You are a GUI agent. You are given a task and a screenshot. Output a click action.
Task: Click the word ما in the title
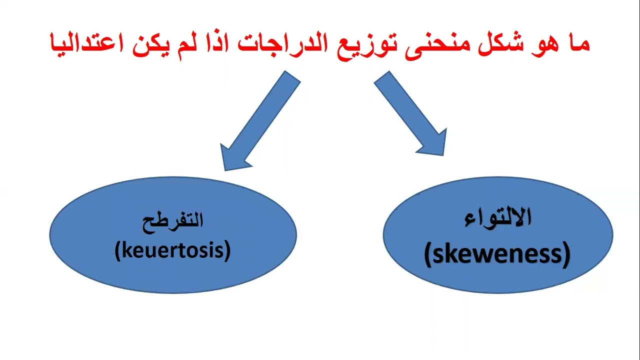point(575,42)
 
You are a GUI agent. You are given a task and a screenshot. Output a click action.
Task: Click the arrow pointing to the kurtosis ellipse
point(260,120)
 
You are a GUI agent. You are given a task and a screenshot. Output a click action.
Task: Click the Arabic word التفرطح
point(173,220)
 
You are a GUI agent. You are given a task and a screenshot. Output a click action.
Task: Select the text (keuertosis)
point(172,250)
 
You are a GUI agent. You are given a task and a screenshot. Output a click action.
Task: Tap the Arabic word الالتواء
point(498,218)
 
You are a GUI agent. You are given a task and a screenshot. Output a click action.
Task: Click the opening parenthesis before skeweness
point(427,255)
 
